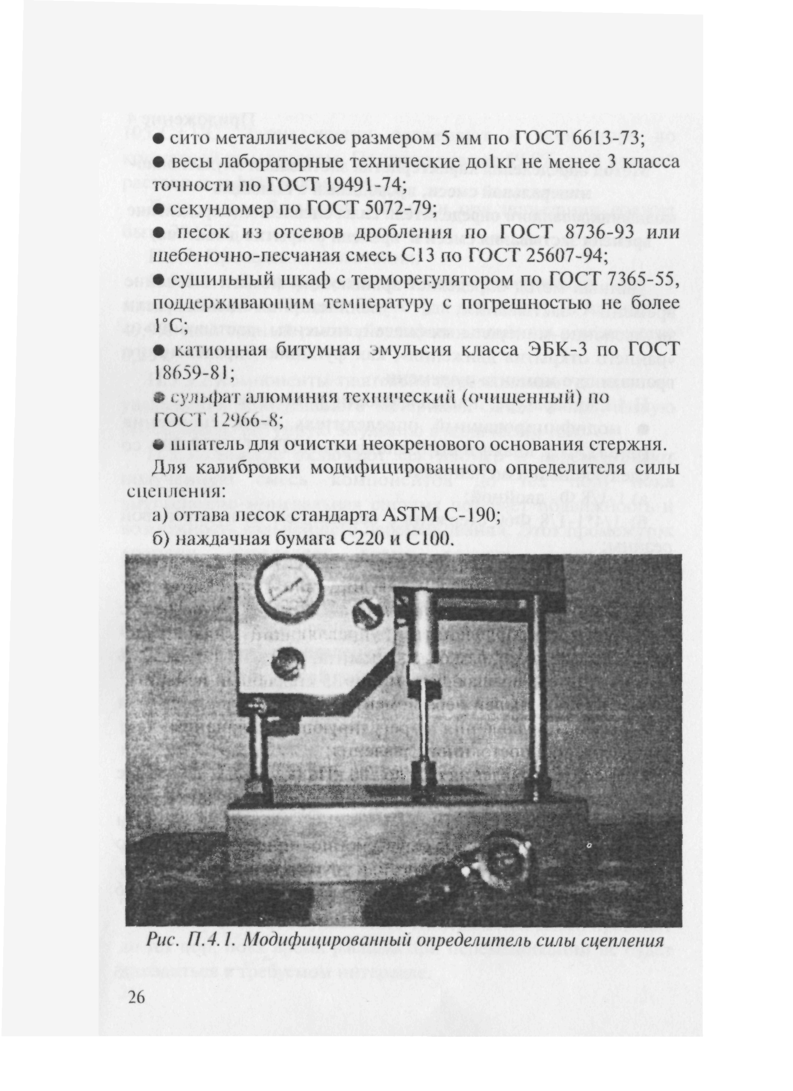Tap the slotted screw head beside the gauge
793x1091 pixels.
coord(368,615)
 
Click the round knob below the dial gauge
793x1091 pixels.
coord(288,665)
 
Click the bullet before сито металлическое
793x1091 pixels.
coord(158,139)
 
